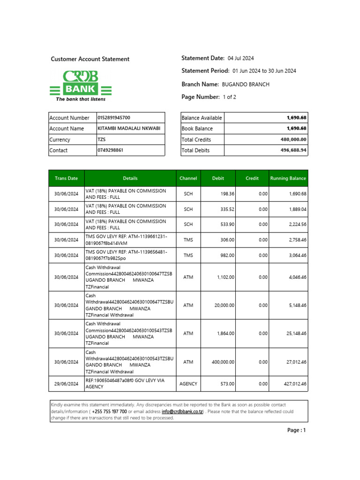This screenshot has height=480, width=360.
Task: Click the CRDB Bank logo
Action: click(81, 85)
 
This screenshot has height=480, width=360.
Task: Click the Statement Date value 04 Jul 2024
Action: click(240, 59)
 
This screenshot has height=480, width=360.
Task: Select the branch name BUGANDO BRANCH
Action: click(245, 84)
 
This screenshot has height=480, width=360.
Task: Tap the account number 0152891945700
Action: click(114, 118)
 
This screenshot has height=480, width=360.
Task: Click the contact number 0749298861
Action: click(109, 150)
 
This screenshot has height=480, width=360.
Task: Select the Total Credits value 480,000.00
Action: click(293, 140)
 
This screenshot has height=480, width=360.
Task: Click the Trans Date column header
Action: click(66, 178)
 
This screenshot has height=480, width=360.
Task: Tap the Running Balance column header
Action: click(288, 178)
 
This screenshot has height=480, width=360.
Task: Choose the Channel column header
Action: click(188, 178)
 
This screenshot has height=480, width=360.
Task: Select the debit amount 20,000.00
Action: click(224, 305)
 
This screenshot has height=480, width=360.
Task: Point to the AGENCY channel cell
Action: click(188, 383)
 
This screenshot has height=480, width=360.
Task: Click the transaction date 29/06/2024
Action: click(66, 383)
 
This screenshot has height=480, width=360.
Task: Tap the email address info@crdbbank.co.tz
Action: click(182, 412)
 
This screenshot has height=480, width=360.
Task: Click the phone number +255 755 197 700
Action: click(109, 412)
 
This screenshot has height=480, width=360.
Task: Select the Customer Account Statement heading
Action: click(90, 59)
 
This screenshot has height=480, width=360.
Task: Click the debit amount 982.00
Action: click(227, 255)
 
